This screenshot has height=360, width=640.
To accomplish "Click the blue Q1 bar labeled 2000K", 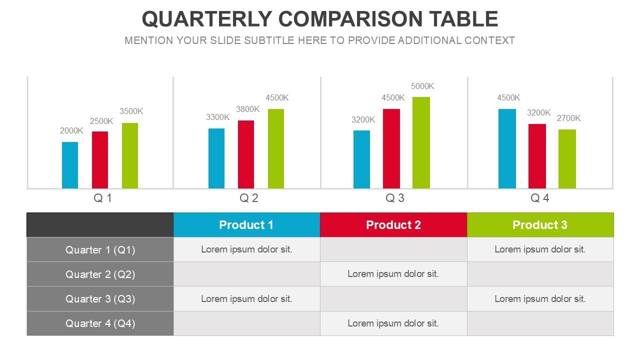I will (x=70, y=165).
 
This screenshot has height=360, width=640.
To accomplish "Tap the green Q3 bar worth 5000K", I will (x=421, y=142).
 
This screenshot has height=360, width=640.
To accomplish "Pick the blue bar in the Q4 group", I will (x=507, y=148).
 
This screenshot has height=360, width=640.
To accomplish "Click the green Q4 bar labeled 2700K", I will (x=567, y=158).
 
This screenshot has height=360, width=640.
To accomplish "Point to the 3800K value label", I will (x=248, y=109).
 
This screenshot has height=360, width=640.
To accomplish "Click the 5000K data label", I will (x=422, y=86).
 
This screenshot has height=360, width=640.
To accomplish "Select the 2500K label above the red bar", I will (x=101, y=121).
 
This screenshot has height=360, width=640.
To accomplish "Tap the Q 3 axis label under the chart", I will (x=395, y=198).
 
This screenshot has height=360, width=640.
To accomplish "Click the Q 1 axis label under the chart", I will (x=103, y=198).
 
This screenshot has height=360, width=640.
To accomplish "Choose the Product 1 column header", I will (x=246, y=225).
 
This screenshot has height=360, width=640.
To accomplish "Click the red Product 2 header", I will (x=393, y=225).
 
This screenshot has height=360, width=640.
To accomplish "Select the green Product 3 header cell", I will (x=540, y=225).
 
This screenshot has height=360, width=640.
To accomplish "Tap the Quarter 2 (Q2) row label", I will (x=100, y=274).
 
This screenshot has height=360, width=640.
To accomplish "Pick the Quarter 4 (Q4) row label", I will (x=100, y=323).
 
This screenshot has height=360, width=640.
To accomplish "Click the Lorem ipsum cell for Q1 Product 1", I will (x=246, y=249).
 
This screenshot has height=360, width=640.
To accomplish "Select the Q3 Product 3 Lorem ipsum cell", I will (x=540, y=299).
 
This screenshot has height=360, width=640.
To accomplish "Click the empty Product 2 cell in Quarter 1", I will (x=393, y=249).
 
